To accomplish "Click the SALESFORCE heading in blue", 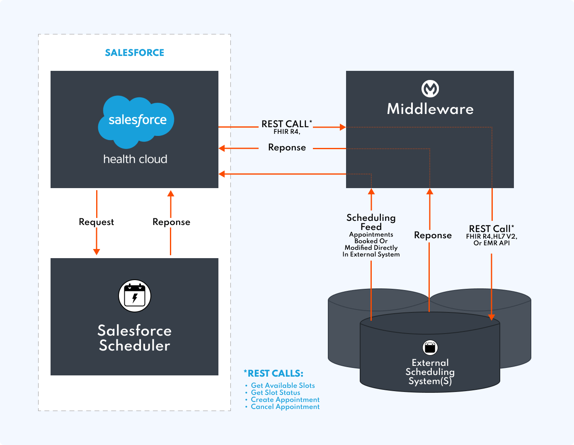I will (134, 53).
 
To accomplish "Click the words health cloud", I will (135, 159).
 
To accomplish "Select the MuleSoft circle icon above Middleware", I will (430, 89).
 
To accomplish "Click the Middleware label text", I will (430, 109).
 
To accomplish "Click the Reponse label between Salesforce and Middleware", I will (287, 148).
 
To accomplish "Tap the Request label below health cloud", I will (96, 222).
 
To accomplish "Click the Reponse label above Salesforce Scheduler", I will (171, 222).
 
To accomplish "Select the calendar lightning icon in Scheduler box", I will (135, 296).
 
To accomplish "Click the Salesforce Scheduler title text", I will (135, 338).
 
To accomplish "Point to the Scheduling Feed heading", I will (371, 222).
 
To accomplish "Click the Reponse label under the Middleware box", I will (433, 235).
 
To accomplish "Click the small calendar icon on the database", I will (430, 347).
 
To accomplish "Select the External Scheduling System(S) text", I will (430, 372).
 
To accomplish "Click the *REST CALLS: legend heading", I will (274, 373).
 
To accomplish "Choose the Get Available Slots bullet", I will (283, 385).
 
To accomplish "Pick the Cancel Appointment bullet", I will (285, 407).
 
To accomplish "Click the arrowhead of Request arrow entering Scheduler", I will (97, 252).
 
